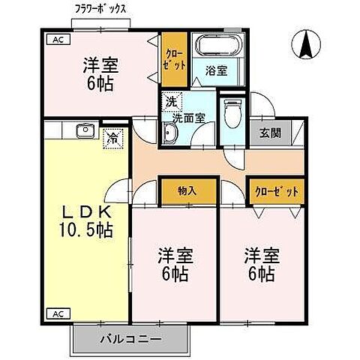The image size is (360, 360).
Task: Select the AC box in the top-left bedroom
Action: pyautogui.click(x=55, y=40)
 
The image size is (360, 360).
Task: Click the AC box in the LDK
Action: pyautogui.click(x=55, y=312)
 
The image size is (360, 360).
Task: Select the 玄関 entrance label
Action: pyautogui.click(x=271, y=133)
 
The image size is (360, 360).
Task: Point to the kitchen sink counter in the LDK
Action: pyautogui.click(x=82, y=133)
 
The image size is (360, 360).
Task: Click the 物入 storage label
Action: pyautogui.click(x=187, y=191)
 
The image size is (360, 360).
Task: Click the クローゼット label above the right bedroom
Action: pyautogui.click(x=277, y=191)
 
